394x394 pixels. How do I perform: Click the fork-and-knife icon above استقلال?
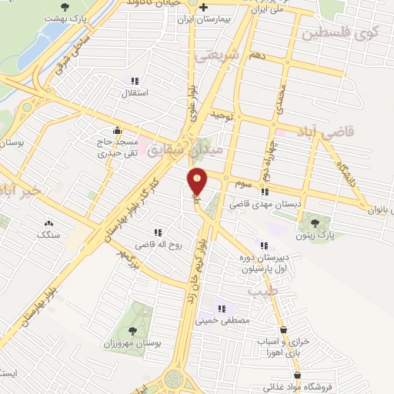[135, 81]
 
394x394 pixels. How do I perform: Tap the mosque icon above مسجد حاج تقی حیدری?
[116, 129]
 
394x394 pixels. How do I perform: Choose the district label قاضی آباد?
[350, 132]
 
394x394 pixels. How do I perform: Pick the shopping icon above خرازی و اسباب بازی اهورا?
[284, 330]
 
